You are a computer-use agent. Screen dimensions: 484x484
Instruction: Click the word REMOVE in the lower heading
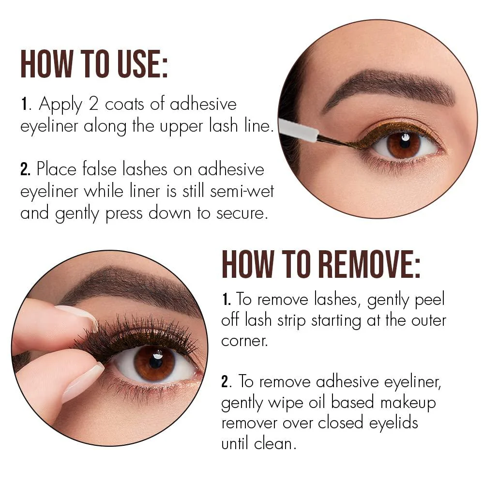(369, 264)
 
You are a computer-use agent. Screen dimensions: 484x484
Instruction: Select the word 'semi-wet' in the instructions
(242, 191)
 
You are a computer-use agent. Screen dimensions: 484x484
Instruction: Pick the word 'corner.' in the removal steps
(244, 341)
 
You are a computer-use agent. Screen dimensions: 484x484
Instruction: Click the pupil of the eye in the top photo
(404, 142)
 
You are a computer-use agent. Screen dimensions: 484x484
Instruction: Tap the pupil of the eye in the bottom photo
(155, 362)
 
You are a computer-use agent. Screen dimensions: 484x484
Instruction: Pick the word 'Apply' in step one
(60, 105)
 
